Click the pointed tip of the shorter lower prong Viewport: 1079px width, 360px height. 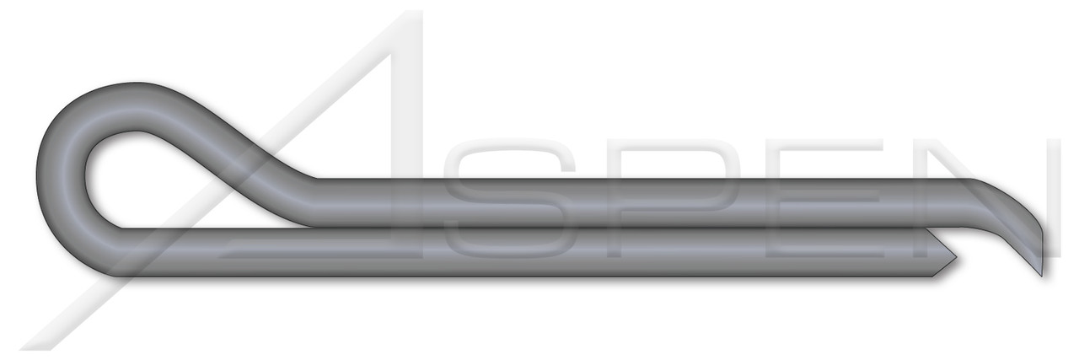[953, 253]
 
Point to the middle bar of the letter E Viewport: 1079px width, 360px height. [809, 202]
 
